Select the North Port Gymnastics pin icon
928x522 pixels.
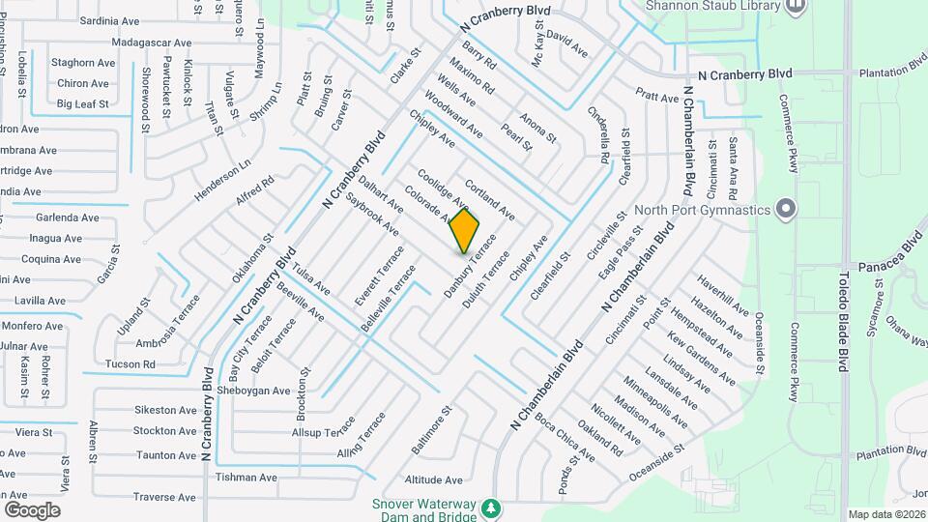pos(786,209)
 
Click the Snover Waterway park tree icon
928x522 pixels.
pos(492,507)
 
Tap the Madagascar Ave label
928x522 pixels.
pos(152,43)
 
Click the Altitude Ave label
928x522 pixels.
pos(433,479)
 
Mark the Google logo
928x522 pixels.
pos(32,509)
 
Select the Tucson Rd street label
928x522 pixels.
pos(131,364)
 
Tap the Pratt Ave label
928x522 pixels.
pos(657,98)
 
